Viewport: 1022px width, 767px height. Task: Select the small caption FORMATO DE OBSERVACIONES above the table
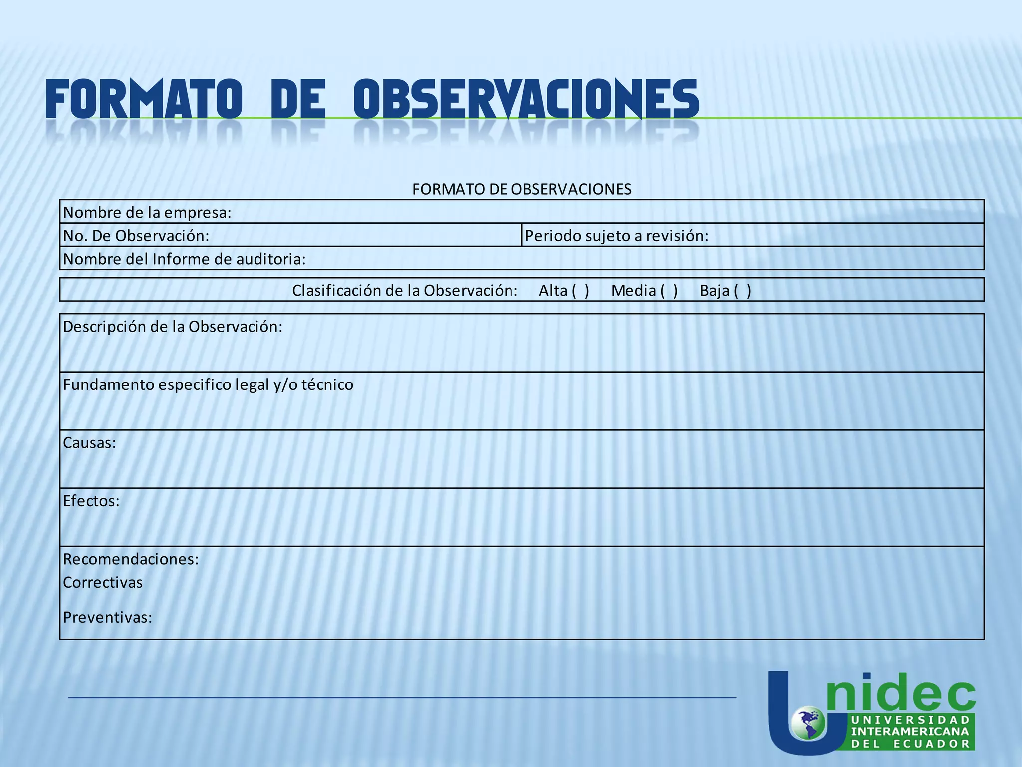tap(521, 189)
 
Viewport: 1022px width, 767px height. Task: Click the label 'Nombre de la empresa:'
tap(147, 213)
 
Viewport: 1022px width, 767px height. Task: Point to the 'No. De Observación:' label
tap(136, 236)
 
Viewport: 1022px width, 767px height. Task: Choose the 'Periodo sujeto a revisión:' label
tap(617, 236)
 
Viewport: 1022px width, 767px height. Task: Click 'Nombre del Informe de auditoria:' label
tap(184, 259)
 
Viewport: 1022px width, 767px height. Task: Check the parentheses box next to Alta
tap(580, 290)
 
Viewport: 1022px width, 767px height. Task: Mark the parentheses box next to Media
tap(669, 290)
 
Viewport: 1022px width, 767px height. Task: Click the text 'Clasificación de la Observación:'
tap(405, 290)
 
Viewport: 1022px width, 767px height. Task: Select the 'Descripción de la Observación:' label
tap(173, 327)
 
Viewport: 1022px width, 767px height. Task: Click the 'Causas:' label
tap(89, 443)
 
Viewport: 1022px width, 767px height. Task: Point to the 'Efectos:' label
tap(91, 501)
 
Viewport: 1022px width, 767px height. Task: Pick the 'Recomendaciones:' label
tap(131, 559)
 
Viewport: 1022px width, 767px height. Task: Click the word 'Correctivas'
tap(103, 582)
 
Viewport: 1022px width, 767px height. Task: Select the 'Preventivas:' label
tap(107, 618)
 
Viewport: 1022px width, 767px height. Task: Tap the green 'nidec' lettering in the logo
tap(901, 692)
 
